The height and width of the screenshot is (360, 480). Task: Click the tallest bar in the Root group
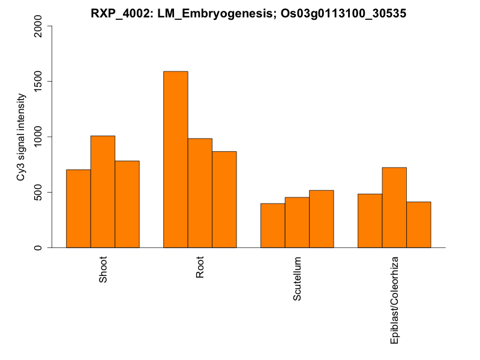(176, 159)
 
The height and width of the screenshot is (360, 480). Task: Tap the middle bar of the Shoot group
(103, 191)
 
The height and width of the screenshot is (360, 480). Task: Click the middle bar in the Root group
(200, 193)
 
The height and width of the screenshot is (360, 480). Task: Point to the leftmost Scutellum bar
(273, 225)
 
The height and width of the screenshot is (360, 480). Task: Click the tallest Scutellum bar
(322, 218)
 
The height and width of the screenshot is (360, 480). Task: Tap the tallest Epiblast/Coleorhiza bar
(394, 207)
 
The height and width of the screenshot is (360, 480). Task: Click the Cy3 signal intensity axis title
(21, 137)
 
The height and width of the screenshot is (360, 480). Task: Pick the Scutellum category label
(298, 279)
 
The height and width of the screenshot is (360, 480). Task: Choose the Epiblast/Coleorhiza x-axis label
(395, 299)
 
